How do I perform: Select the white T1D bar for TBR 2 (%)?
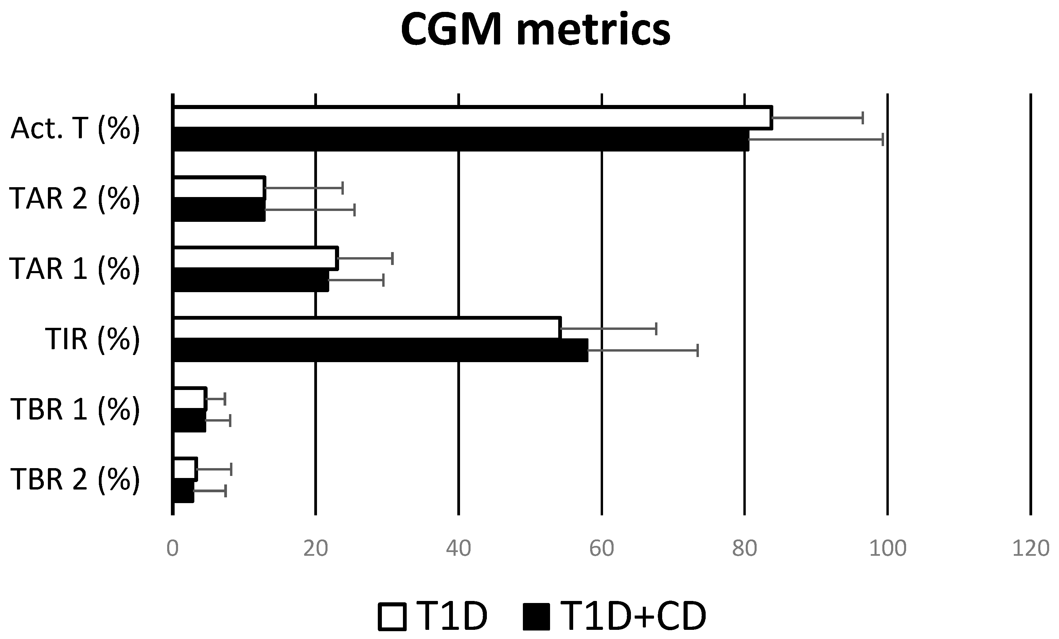(185, 469)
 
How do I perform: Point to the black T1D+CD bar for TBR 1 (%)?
(189, 420)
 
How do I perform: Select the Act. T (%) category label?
(75, 128)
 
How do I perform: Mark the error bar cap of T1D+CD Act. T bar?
(882, 140)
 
